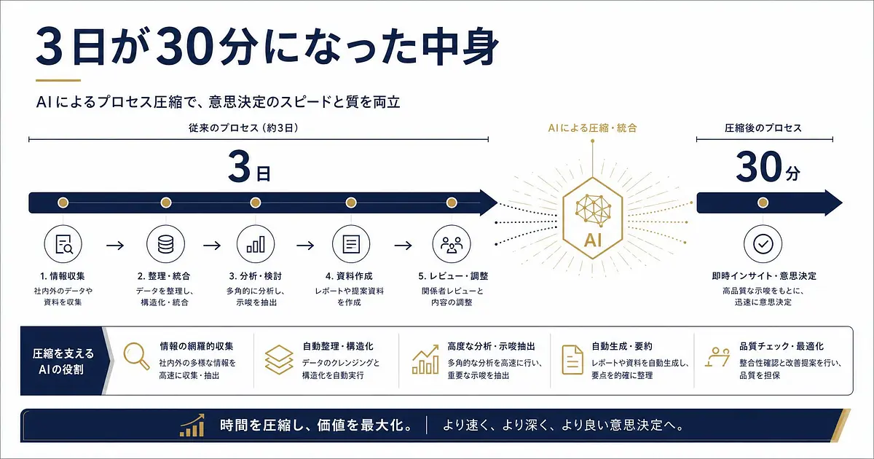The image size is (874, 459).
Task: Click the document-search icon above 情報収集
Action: (x=63, y=244)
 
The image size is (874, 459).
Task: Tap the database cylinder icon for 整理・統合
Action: (x=166, y=244)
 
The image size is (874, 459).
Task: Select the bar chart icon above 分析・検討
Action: (x=256, y=244)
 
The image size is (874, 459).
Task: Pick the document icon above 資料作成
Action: (x=351, y=244)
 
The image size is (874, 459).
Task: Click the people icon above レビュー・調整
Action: (x=452, y=244)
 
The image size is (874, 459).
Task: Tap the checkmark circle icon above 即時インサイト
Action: (x=763, y=244)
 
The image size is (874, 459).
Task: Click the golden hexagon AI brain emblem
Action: (x=593, y=218)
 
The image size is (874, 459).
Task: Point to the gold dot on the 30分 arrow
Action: (x=763, y=203)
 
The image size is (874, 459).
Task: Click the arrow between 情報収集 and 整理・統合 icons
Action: (x=115, y=246)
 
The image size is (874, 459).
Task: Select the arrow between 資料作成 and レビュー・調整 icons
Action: (x=403, y=246)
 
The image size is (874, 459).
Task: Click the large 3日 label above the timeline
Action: (x=249, y=167)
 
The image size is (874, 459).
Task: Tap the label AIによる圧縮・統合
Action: (x=592, y=128)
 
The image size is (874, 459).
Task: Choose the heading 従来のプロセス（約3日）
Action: (x=243, y=128)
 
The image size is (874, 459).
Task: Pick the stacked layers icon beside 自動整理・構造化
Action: (x=278, y=359)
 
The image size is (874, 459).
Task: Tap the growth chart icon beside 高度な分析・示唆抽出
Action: (x=425, y=359)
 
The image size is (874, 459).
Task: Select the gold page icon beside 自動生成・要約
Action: (x=572, y=359)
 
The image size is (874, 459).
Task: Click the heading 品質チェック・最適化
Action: (x=781, y=346)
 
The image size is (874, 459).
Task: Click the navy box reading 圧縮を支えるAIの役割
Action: (x=63, y=361)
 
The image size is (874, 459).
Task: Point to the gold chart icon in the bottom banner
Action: (x=192, y=425)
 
